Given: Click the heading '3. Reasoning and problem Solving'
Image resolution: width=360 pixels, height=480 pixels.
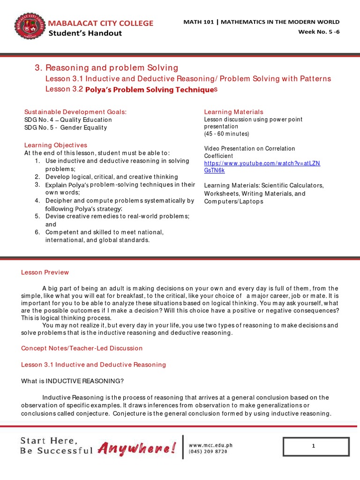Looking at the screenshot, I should point(106,68).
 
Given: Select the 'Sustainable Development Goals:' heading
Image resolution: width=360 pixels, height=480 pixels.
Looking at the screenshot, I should point(75,112).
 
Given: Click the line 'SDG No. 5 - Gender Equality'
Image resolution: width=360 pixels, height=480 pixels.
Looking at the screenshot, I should point(66,127).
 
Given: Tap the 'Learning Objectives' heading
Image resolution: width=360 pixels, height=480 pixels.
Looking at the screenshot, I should point(56,145).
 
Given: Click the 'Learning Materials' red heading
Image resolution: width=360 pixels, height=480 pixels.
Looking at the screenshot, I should point(233,112).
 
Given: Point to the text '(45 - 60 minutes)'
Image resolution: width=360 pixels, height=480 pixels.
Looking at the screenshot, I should point(226,134).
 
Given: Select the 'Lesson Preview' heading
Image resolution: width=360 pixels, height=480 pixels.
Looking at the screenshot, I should point(45,272).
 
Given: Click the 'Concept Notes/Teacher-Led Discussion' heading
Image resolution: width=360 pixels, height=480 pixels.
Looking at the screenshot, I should point(82,348).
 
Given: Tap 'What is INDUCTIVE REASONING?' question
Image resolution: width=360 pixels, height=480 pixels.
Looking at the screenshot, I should point(72,381).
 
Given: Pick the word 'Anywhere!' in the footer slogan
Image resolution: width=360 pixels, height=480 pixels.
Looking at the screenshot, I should point(137,449).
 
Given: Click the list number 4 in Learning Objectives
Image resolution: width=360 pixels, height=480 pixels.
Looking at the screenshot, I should point(37,201).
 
